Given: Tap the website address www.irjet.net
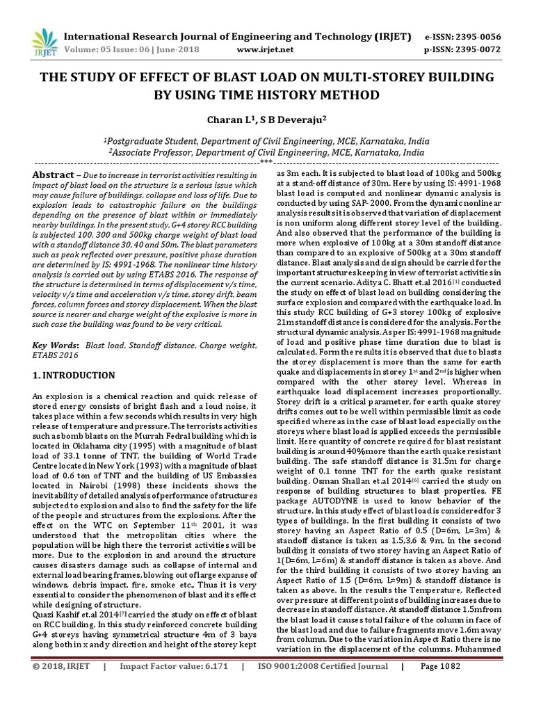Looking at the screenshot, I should (x=265, y=50).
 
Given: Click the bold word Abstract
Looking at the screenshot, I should (x=54, y=175).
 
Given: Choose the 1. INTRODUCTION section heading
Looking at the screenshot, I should (x=74, y=375).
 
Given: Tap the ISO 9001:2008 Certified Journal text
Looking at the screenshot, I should (x=323, y=685).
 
